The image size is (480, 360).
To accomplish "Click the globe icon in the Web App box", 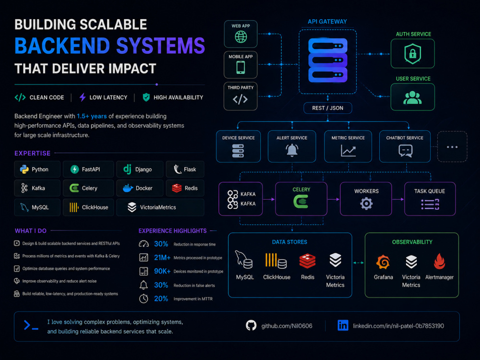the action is pos(241,37).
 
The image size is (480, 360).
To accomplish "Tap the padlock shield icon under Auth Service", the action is pos(413,54).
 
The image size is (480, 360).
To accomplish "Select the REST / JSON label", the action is pos(327,108).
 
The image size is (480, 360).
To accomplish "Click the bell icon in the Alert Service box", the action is pos(292,150).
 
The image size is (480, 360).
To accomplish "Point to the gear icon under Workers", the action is pos(366,203).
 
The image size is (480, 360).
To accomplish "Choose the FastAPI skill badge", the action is pos(88,169).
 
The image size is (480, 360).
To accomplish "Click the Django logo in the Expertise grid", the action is pos(127,169).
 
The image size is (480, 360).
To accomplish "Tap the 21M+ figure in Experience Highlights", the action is pos(162,258).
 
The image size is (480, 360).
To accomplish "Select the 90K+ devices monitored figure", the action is pos(162,271).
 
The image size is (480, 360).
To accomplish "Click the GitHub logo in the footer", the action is pos(251,325).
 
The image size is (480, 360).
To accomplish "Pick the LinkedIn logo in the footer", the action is pos(343,325).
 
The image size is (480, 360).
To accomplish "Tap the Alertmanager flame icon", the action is pos(439,261).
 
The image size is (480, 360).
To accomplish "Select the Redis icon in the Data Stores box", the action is pos(307,261).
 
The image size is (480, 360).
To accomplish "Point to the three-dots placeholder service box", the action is pos(452,146).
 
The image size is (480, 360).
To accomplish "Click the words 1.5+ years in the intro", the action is pos(92,116).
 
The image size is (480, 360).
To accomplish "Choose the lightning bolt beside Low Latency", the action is pos(83,97).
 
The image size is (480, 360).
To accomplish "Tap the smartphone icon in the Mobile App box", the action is pos(240,67).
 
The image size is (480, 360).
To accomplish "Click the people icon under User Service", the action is pos(412,97).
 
